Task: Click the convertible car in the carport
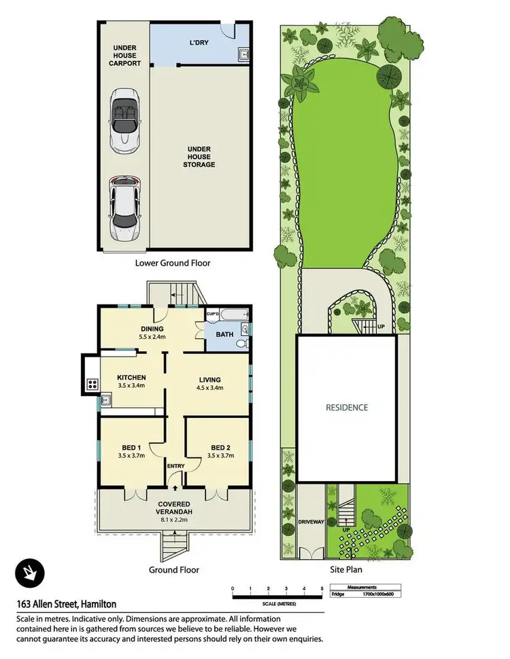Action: click(124, 118)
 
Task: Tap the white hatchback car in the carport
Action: click(124, 202)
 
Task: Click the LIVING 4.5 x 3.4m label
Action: click(211, 383)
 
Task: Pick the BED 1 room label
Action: click(132, 447)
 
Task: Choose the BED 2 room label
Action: click(220, 447)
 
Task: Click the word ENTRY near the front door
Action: click(175, 465)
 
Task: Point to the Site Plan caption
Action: click(345, 570)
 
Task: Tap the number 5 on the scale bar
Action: click(322, 588)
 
